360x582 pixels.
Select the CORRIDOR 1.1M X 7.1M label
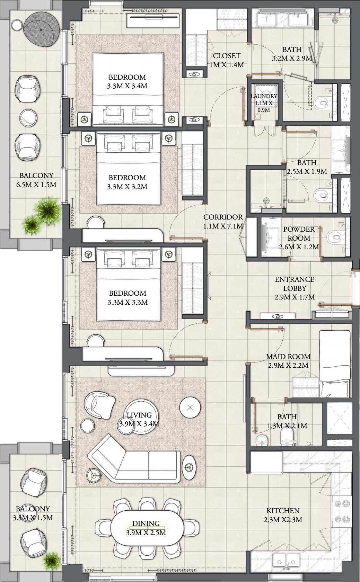pos(223,222)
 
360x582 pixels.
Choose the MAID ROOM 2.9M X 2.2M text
pos(288,361)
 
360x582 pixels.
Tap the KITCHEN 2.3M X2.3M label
pos(283,515)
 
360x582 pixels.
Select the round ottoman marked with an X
pos(190,408)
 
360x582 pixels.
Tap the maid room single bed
pos(334,364)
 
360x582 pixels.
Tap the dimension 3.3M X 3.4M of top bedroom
pos(127,86)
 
